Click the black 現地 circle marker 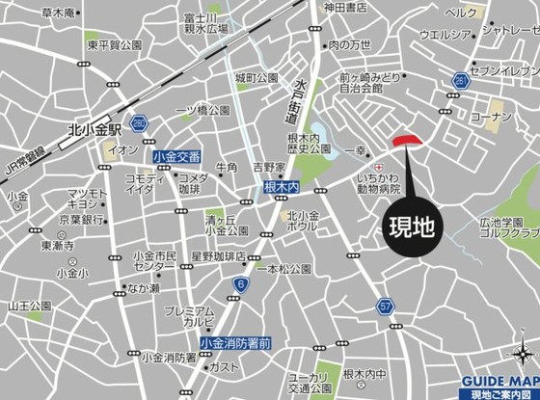pyautogui.click(x=412, y=227)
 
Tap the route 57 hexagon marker pyautogui.click(x=386, y=306)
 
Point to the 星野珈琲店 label pyautogui.click(x=218, y=257)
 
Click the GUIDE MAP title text pyautogui.click(x=498, y=381)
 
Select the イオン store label pyautogui.click(x=122, y=150)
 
